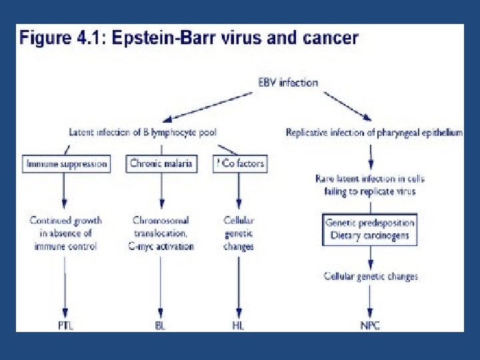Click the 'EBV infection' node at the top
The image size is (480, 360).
coord(288,83)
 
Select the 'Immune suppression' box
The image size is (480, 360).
coord(67,163)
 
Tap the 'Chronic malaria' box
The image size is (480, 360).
coord(162,163)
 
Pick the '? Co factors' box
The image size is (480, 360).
coord(241,163)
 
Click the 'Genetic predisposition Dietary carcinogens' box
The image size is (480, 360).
coord(370,229)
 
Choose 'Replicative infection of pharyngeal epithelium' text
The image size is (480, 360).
coord(373,133)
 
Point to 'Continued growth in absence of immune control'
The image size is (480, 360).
coord(65,233)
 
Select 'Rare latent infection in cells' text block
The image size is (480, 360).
coord(370,185)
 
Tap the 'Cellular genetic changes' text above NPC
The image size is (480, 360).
coord(370,276)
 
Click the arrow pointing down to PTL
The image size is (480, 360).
coord(65,287)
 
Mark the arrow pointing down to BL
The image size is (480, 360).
coord(161,287)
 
